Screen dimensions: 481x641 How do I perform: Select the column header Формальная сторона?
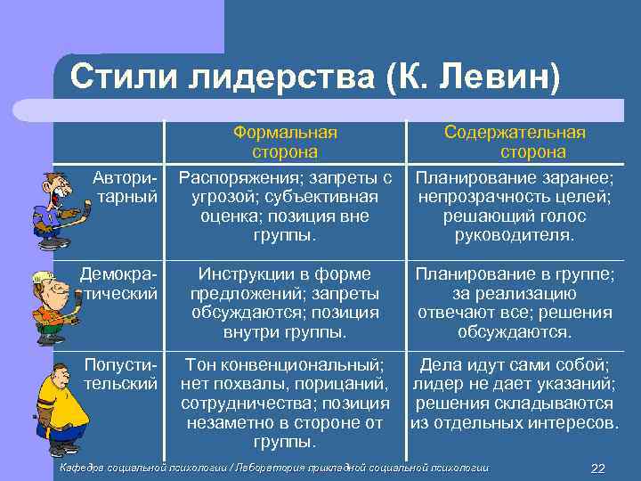pos(285,142)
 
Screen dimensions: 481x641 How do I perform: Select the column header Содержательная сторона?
pos(515,142)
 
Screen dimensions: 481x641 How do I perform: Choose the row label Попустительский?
pos(121,373)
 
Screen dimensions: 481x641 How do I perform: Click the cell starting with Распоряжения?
pos(285,206)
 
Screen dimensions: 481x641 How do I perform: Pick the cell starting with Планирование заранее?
pos(515,206)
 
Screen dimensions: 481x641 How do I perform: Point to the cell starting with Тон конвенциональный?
pos(285,403)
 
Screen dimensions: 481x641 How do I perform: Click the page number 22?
pos(597,469)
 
